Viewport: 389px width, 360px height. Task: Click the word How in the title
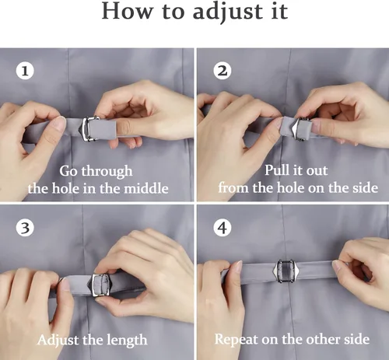[127, 11]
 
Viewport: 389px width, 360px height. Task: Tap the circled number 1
[25, 71]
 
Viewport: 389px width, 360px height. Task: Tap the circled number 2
[223, 71]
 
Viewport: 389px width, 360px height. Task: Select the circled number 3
[25, 228]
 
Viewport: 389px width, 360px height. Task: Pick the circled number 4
[223, 228]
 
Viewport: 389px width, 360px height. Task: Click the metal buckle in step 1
[89, 128]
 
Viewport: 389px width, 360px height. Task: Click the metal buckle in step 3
[100, 285]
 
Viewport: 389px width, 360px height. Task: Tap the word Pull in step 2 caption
[275, 170]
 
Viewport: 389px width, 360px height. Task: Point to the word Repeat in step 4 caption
[237, 340]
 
